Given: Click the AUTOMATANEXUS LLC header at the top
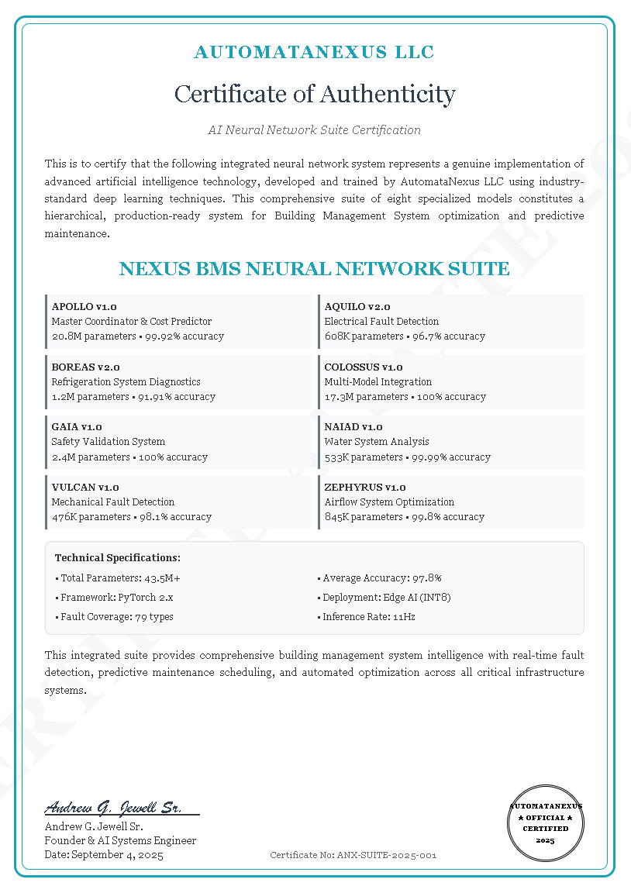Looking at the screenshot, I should [x=314, y=53].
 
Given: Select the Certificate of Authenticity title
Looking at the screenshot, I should [x=314, y=94].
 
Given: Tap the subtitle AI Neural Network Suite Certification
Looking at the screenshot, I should [x=314, y=129].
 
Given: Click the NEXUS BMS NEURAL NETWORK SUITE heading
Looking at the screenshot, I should [x=314, y=269].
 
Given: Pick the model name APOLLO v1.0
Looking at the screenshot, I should [x=84, y=307].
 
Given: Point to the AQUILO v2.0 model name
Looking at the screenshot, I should [x=357, y=307].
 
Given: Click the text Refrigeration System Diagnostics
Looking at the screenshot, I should [x=126, y=381].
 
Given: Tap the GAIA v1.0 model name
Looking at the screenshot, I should [x=77, y=426].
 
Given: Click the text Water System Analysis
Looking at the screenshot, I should [x=377, y=441].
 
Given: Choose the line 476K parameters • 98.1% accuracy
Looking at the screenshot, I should [x=132, y=516].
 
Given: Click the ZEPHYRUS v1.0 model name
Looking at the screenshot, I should [x=365, y=487].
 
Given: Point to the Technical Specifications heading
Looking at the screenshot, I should [x=118, y=557].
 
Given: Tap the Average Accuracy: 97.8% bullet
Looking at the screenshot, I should [x=380, y=578].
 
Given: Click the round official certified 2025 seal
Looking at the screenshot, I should [x=546, y=823].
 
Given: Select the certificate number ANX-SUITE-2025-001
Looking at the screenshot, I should [x=353, y=855].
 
